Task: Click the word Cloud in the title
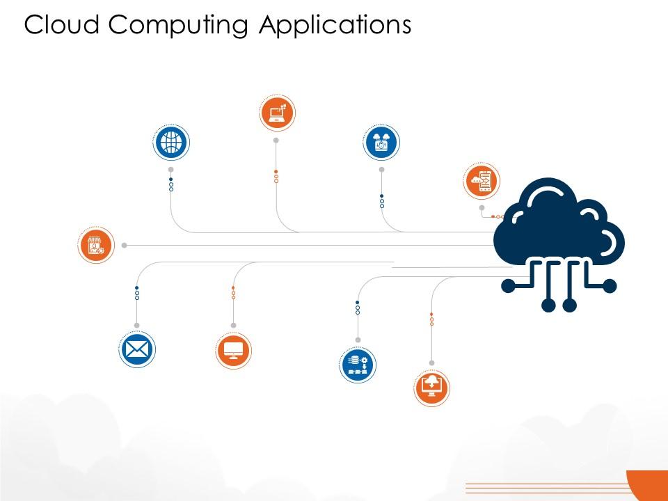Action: click(61, 25)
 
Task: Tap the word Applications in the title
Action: click(335, 26)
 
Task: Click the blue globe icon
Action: click(171, 142)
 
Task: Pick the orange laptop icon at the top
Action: click(277, 113)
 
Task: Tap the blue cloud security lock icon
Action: click(381, 142)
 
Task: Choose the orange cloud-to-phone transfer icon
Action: click(482, 181)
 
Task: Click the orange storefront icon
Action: click(96, 245)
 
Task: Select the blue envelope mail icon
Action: click(137, 350)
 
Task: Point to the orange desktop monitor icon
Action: click(234, 351)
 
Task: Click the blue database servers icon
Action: click(358, 365)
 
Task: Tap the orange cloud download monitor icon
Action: click(431, 388)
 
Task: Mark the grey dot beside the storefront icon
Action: click(125, 246)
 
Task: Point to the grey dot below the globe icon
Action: click(171, 170)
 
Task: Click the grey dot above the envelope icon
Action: click(137, 326)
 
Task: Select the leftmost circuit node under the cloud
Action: click(508, 286)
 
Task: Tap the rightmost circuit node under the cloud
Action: click(610, 286)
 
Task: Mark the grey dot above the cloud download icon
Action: click(431, 363)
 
